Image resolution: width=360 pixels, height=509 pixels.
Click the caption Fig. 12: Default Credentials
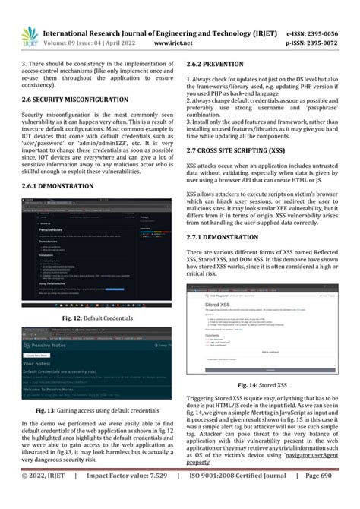click(97, 317)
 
